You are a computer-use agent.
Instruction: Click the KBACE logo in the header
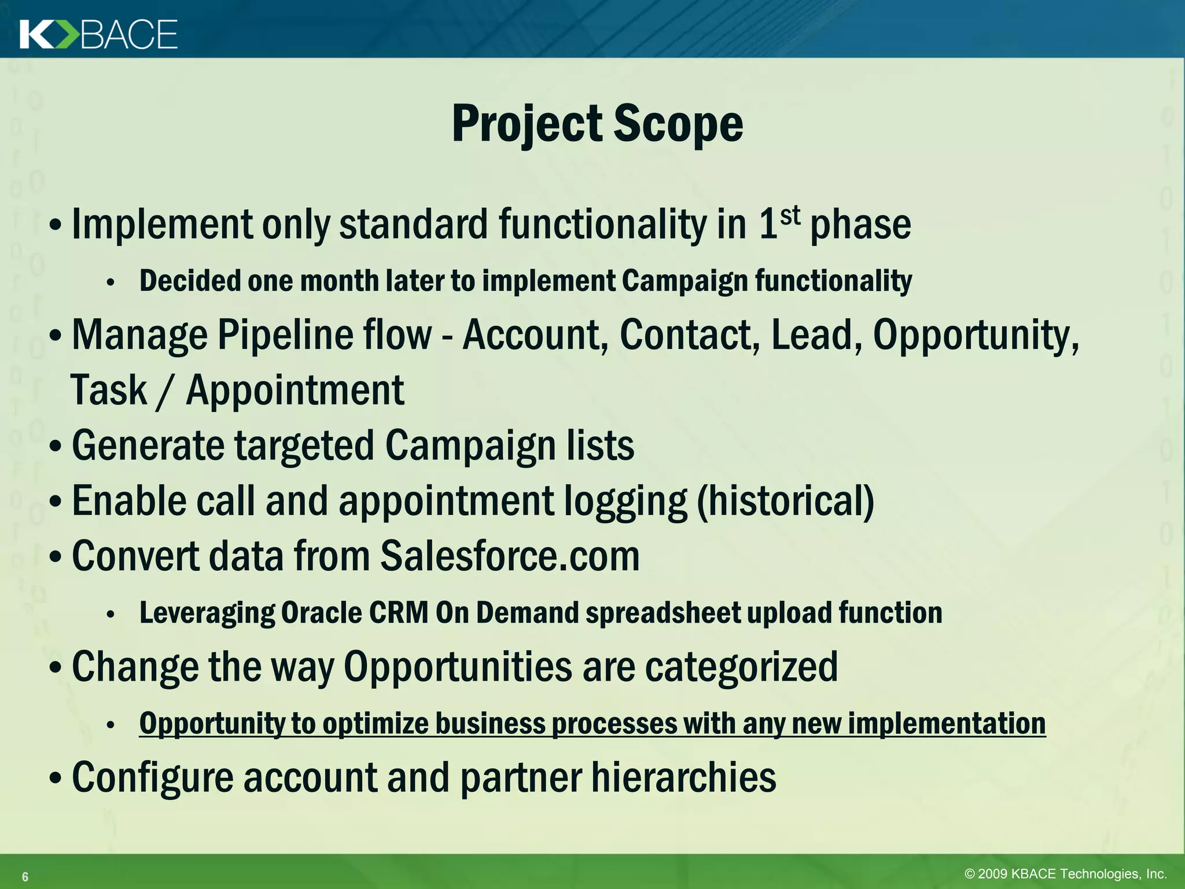click(98, 34)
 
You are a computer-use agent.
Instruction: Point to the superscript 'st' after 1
click(790, 216)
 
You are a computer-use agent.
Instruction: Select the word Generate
click(148, 446)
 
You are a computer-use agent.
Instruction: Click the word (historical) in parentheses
click(786, 501)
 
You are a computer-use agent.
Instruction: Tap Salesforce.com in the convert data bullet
click(510, 556)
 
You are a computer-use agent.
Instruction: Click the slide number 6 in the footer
click(25, 877)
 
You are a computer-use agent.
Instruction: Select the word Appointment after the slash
click(295, 391)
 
